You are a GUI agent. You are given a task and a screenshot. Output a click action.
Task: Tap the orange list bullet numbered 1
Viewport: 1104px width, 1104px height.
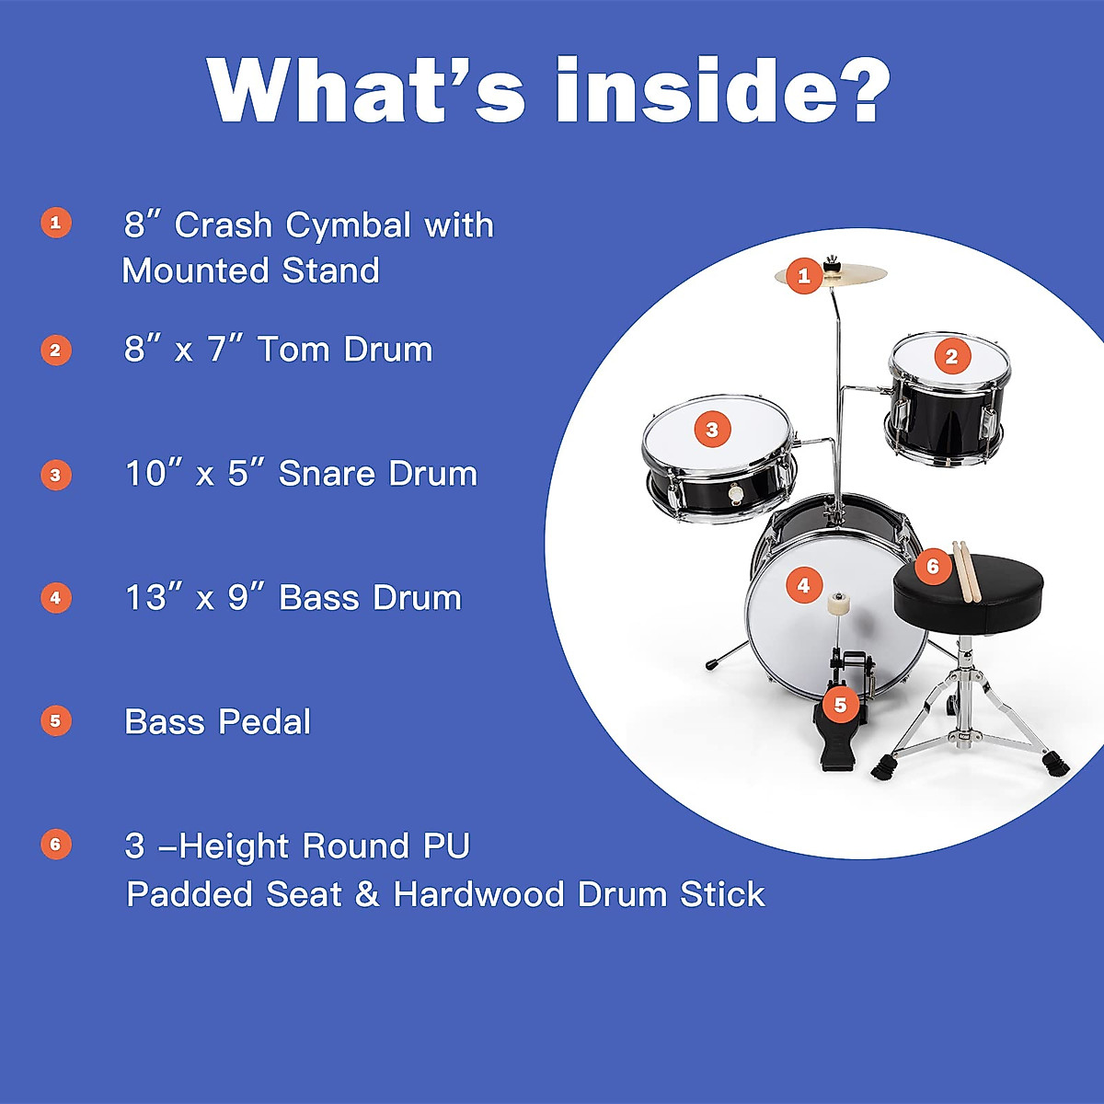56,223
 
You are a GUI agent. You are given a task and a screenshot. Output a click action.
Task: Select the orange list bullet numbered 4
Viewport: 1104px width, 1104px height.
56,598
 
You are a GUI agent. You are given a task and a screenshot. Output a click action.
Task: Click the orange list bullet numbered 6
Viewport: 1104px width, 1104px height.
56,845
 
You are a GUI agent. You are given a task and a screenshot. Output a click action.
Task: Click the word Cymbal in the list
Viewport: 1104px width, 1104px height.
348,225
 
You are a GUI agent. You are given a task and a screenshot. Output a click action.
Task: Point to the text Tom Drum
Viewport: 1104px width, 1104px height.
345,350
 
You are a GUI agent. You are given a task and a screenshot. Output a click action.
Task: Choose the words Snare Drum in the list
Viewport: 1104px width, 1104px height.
378,474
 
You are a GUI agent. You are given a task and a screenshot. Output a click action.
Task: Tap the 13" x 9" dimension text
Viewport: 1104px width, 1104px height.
194,598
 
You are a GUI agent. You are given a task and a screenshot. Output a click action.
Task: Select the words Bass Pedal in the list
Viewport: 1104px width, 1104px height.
218,722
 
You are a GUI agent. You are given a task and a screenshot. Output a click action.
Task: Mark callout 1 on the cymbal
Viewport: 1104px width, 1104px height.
804,275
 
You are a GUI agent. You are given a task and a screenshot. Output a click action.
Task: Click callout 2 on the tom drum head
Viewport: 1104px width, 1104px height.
951,356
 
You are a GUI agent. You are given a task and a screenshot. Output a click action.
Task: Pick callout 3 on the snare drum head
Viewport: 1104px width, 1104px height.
711,429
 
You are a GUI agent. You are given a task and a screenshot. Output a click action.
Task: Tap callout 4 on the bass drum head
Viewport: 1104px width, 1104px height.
803,585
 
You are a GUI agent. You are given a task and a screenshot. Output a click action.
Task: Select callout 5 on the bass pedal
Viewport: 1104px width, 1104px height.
840,705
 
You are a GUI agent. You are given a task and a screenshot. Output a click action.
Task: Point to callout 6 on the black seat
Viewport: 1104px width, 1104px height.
932,566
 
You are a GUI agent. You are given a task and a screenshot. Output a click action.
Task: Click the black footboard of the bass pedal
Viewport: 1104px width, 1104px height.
834,745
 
